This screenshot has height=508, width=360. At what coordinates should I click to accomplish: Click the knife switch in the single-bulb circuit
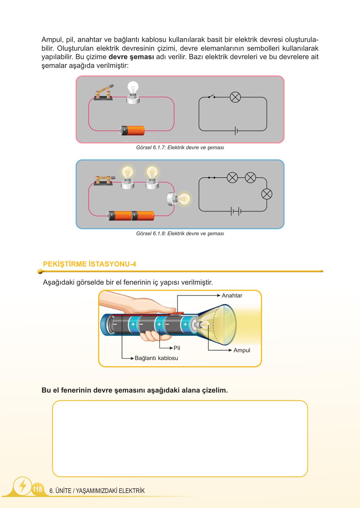(x=104, y=93)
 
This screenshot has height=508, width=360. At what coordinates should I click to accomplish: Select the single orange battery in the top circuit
(x=133, y=130)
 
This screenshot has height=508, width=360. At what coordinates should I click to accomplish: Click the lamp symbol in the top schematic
(x=235, y=97)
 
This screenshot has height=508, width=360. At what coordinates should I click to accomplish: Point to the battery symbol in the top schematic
(x=236, y=131)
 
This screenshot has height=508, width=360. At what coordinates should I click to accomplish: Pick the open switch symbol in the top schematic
(x=212, y=97)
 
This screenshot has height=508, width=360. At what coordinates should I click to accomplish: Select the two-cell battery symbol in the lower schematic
(x=236, y=211)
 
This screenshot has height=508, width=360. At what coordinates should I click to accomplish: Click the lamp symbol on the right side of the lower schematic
(x=267, y=194)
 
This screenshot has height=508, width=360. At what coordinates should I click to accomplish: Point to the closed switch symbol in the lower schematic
(x=212, y=178)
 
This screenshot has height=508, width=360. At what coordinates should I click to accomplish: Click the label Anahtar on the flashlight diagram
(x=232, y=296)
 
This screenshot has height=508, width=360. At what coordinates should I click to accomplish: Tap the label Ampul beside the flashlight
(x=242, y=350)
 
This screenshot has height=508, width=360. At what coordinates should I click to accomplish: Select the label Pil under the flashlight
(x=177, y=348)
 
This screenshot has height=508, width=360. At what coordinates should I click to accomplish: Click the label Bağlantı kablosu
(x=156, y=358)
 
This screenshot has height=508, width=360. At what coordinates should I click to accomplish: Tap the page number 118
(x=37, y=489)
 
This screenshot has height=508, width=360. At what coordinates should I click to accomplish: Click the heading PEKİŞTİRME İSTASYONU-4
(x=89, y=264)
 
